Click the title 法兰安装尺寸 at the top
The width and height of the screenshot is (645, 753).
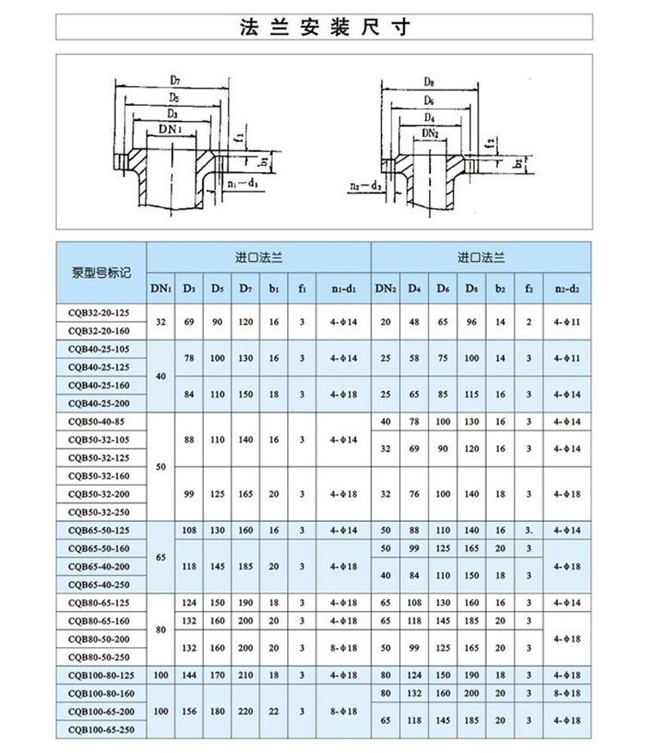(322, 26)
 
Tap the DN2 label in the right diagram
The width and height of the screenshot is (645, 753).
(431, 132)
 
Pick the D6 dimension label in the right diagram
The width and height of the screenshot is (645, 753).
(429, 101)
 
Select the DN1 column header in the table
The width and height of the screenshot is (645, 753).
(161, 289)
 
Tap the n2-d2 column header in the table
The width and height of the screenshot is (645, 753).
(568, 289)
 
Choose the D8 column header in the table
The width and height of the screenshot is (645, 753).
(471, 289)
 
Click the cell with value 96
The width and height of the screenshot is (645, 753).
(471, 321)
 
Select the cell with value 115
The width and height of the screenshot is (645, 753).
(471, 394)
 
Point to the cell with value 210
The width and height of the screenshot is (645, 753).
(246, 675)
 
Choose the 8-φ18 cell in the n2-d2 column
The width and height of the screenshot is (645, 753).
(568, 692)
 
